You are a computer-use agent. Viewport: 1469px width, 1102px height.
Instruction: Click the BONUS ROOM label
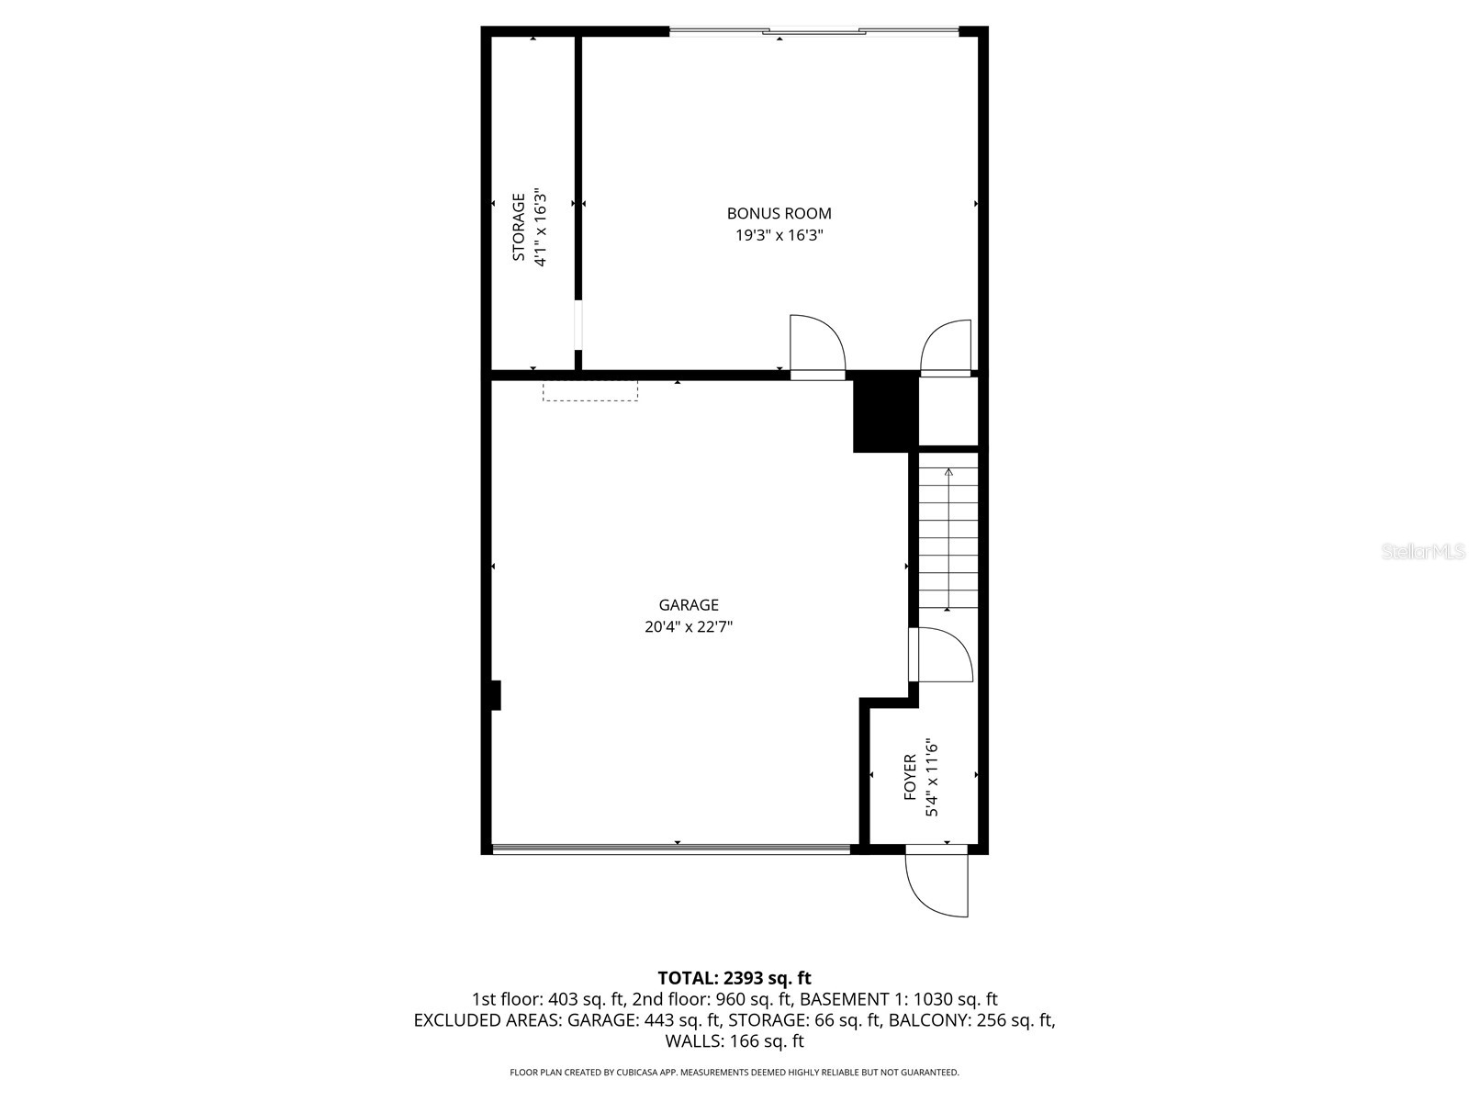pyautogui.click(x=779, y=213)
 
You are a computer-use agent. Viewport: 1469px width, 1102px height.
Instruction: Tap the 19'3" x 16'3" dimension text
pyautogui.click(x=779, y=235)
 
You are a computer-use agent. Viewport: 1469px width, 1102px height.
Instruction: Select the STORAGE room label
pyautogui.click(x=519, y=227)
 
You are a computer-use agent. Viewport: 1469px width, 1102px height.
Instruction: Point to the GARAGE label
pyautogui.click(x=689, y=605)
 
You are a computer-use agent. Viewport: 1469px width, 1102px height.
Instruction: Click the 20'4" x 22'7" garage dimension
pyautogui.click(x=689, y=627)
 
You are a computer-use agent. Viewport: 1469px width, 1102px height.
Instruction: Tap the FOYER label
pyautogui.click(x=910, y=777)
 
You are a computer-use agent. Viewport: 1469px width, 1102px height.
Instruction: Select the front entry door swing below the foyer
pyautogui.click(x=936, y=882)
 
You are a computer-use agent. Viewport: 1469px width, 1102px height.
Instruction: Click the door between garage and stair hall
pyautogui.click(x=940, y=655)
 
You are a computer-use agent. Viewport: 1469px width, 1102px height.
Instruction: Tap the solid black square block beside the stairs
pyautogui.click(x=885, y=411)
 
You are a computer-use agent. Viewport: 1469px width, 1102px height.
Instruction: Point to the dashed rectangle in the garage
pyautogui.click(x=590, y=391)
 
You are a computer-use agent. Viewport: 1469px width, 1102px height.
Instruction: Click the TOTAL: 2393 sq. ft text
pyautogui.click(x=734, y=978)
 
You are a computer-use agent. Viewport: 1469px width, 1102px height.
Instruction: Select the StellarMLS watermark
pyautogui.click(x=1424, y=552)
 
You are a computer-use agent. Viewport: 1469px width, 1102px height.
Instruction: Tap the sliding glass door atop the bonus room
pyautogui.click(x=813, y=32)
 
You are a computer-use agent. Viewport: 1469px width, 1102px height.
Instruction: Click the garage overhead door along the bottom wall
pyautogui.click(x=671, y=849)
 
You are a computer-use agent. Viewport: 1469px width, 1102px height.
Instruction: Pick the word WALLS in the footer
pyautogui.click(x=694, y=1041)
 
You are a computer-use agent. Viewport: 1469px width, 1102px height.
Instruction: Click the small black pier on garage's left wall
pyautogui.click(x=496, y=695)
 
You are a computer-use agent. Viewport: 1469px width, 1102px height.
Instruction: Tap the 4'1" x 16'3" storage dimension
pyautogui.click(x=541, y=227)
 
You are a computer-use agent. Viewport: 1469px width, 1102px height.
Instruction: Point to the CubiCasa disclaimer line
pyautogui.click(x=734, y=1072)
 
